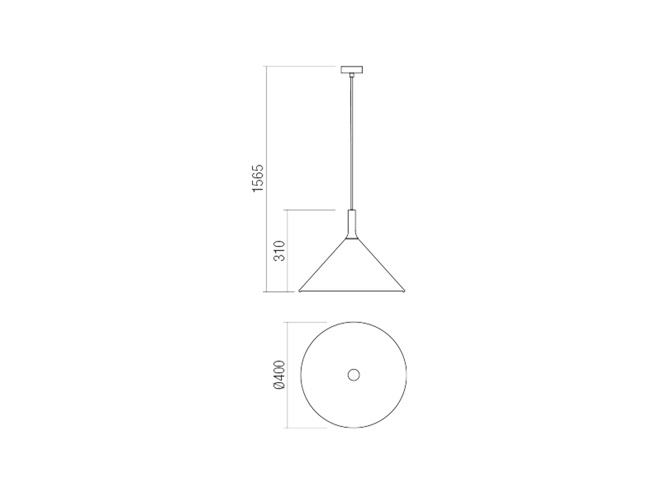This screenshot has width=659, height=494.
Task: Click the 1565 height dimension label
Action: point(258,178)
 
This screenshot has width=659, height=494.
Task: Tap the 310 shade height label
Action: point(279,251)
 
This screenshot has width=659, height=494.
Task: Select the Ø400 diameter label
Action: point(279,375)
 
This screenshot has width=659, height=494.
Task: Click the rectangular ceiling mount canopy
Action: point(351,69)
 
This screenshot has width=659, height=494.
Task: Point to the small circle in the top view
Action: point(354,375)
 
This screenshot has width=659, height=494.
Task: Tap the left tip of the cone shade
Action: point(299,291)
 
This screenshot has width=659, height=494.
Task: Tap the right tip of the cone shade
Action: point(405,291)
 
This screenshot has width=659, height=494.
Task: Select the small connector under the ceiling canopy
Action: point(351,75)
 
